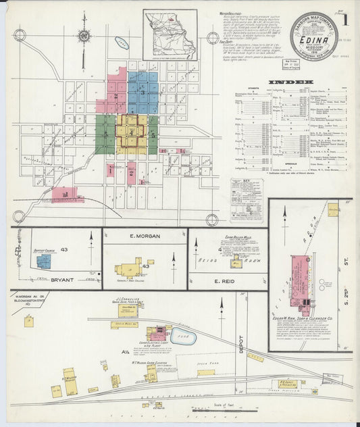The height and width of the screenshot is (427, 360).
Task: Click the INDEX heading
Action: tap(286, 83)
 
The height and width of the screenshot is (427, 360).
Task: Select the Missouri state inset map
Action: tap(170, 34)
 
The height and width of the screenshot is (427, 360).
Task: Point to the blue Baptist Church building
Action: tap(44, 261)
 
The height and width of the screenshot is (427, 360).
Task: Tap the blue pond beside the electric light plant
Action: tap(184, 337)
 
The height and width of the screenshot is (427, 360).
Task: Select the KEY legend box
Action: tap(247, 200)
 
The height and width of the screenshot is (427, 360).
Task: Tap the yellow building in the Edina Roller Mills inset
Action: tap(236, 262)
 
